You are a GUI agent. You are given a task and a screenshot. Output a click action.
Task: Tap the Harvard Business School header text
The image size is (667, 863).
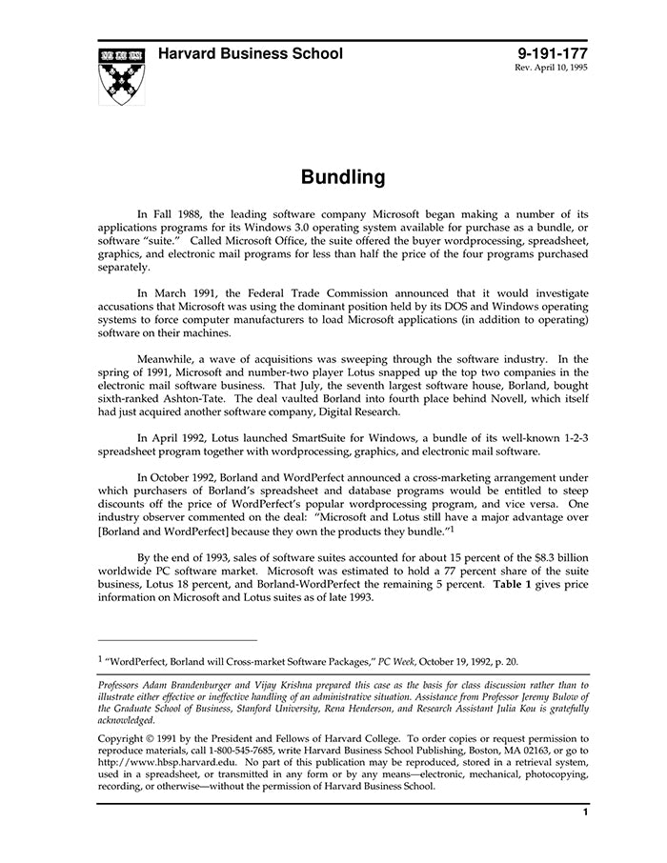[250, 54]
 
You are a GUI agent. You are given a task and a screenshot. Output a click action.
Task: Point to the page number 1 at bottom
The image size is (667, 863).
[584, 813]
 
